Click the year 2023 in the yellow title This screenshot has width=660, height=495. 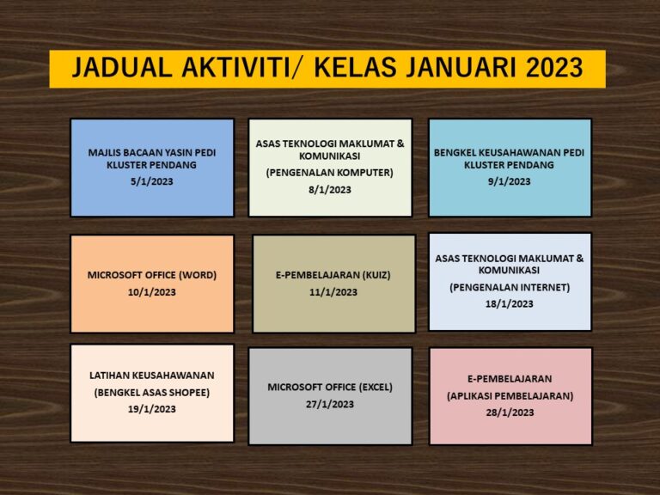(554, 68)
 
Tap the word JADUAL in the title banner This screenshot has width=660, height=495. (122, 68)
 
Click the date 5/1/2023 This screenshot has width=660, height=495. (151, 181)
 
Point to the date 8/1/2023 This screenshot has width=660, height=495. (330, 190)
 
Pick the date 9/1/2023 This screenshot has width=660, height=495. (509, 181)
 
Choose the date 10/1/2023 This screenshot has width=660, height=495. (151, 292)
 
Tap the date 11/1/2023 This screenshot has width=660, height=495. (333, 292)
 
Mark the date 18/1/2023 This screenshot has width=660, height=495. (509, 304)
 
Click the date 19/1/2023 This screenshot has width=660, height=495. (151, 409)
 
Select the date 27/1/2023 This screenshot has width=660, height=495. (330, 404)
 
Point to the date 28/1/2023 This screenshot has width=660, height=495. (510, 412)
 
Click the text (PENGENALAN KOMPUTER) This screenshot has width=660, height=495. (330, 173)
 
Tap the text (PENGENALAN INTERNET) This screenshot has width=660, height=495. (510, 288)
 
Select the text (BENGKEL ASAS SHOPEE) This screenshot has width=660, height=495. (151, 393)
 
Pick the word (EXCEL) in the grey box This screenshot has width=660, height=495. (376, 388)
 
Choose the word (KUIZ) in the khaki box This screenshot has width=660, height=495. (376, 275)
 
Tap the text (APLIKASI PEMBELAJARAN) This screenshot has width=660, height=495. (510, 396)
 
